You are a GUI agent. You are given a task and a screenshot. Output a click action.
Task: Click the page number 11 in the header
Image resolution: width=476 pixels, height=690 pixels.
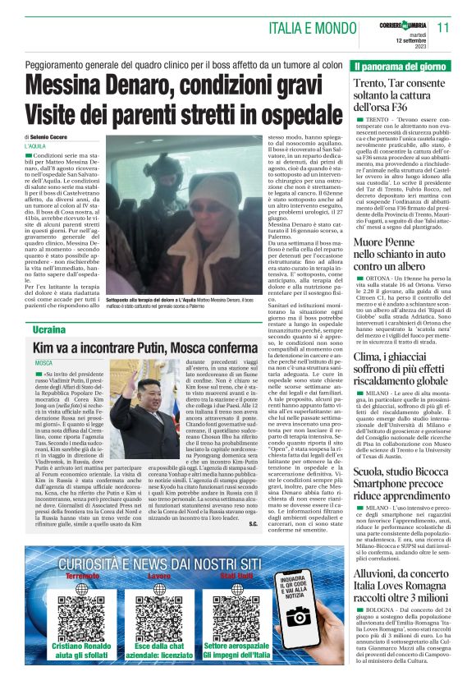pyautogui.click(x=444, y=27)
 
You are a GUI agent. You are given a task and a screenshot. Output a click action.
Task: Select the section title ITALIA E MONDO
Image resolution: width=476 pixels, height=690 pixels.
pyautogui.click(x=316, y=28)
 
